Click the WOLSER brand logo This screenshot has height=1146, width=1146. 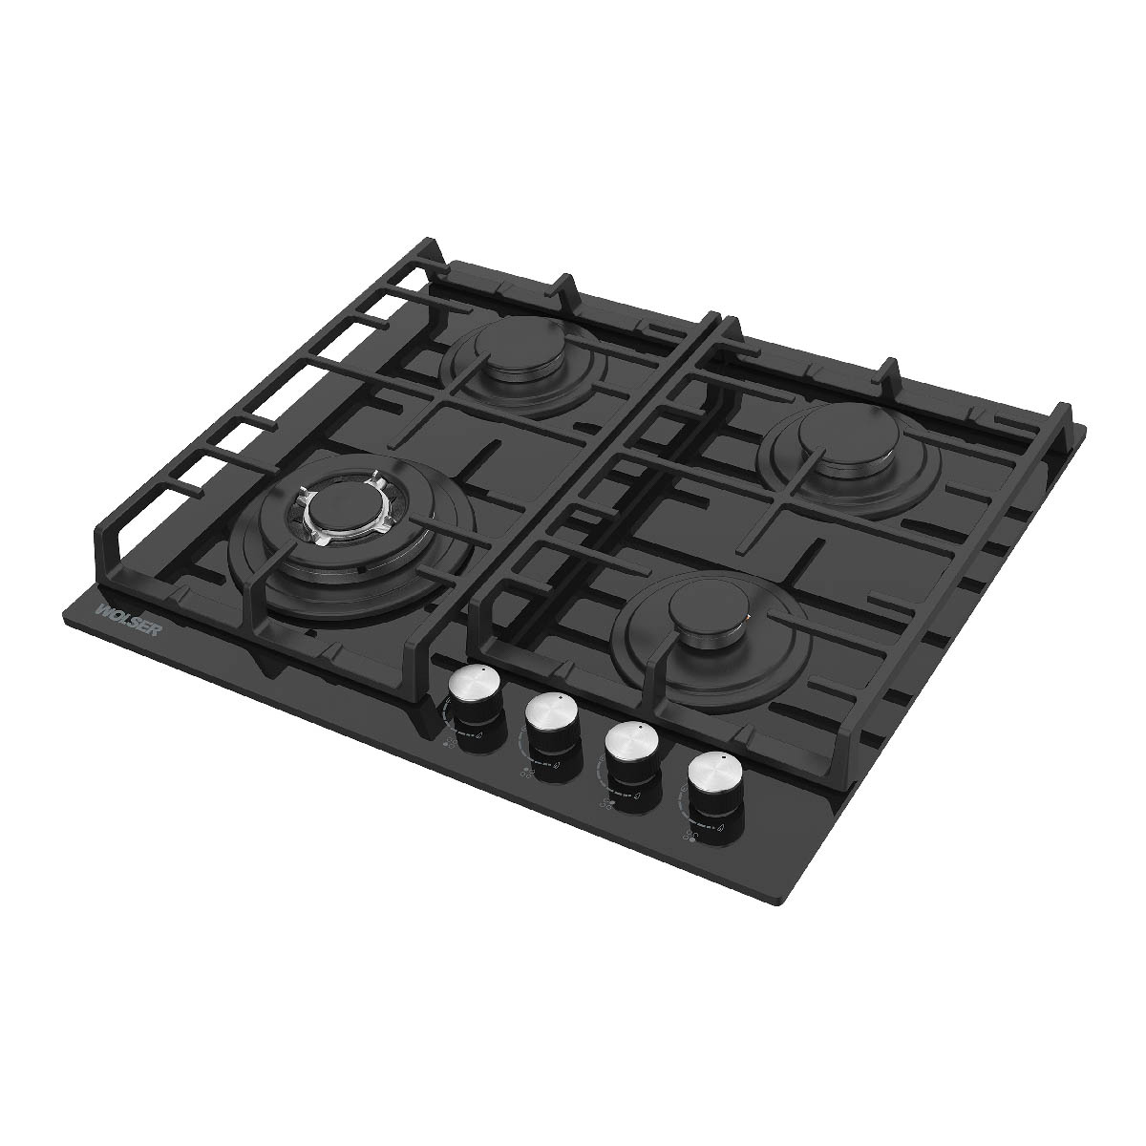(129, 619)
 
